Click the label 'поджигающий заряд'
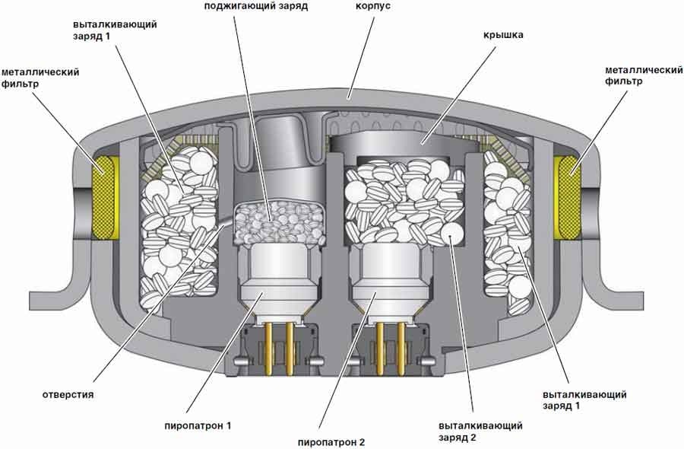click(256, 7)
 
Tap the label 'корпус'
click(373, 6)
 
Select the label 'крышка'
click(503, 35)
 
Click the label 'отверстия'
click(68, 395)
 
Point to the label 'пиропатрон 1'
click(198, 425)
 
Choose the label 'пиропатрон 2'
click(331, 442)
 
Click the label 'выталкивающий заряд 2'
click(480, 431)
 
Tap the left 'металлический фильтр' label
click(40, 78)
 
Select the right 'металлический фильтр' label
click(644, 75)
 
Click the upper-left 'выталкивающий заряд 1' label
click(115, 30)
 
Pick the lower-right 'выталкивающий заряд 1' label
click(584, 400)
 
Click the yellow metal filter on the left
click(105, 198)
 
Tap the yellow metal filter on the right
click(567, 198)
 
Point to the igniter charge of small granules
click(279, 223)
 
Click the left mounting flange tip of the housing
click(31, 299)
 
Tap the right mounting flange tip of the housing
click(641, 299)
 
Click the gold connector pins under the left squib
click(279, 348)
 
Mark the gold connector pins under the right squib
click(391, 348)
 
